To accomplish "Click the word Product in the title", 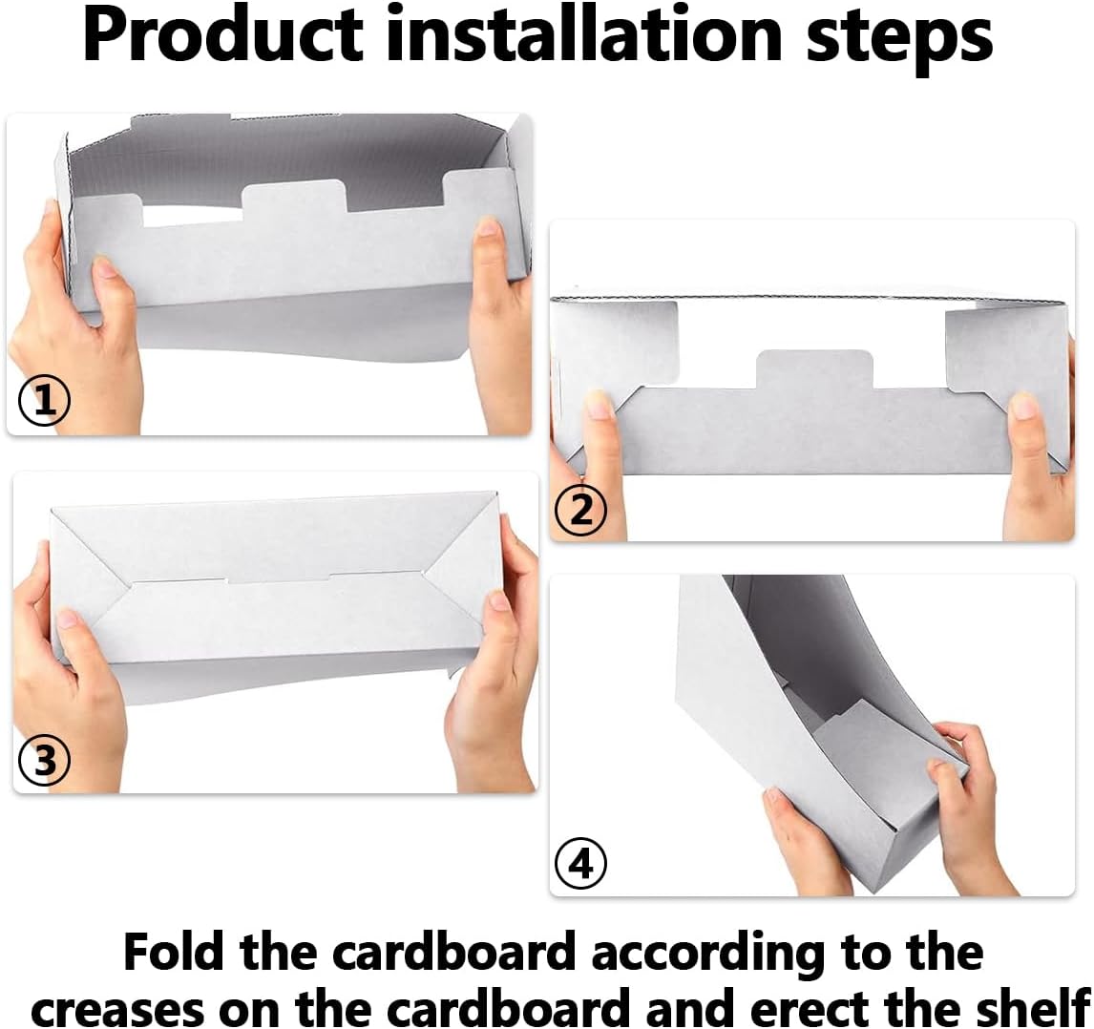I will [x=221, y=36].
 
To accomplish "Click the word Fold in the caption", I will [x=176, y=952].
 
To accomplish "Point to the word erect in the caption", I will [x=837, y=1006].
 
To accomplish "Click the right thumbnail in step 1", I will [x=489, y=228].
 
